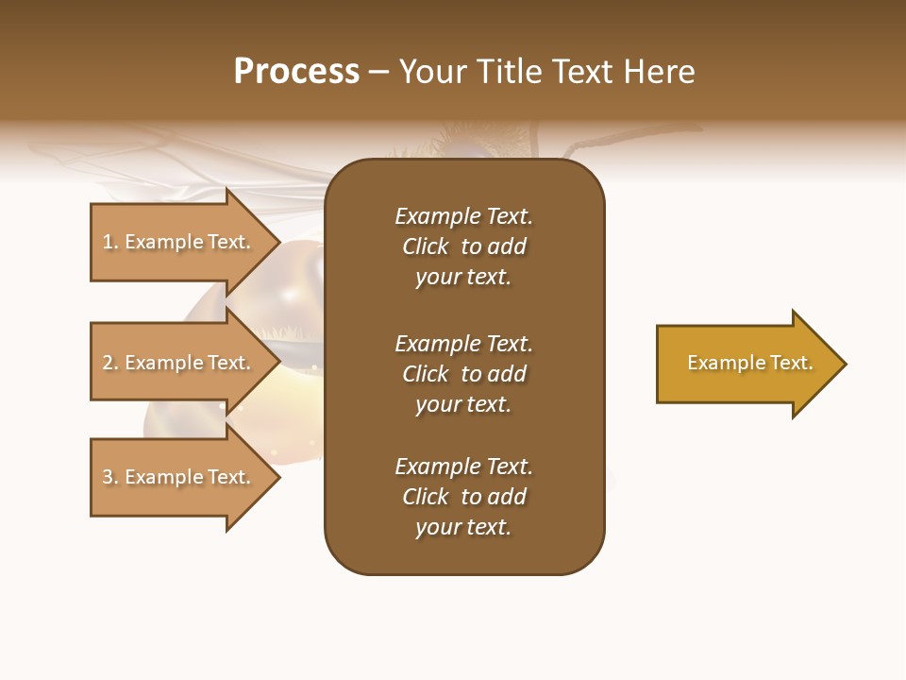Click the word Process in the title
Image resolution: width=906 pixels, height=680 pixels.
pos(296,72)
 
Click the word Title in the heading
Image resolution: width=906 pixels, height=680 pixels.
pos(509,72)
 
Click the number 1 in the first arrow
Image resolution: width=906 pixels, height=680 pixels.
pos(108,242)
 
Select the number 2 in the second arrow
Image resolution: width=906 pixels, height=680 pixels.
pos(108,363)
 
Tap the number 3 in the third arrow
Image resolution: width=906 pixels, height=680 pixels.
pos(108,477)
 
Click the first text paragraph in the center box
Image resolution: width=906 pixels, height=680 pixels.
pos(463,246)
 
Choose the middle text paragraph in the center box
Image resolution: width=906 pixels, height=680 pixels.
pos(463,374)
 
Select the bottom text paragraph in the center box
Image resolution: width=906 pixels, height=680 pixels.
pos(463,497)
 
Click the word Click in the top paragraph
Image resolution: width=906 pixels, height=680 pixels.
pos(425,246)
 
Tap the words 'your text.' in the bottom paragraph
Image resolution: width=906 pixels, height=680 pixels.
pos(463,527)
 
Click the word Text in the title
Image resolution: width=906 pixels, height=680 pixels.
pos(582,72)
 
